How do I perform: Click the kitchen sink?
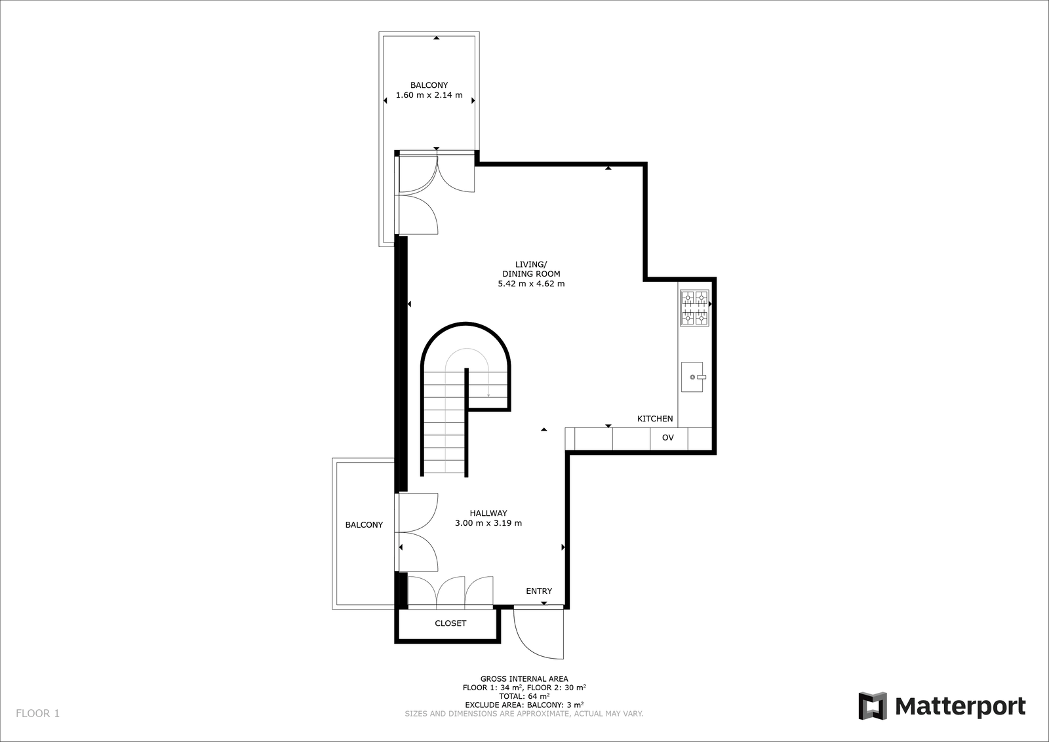click(x=692, y=376)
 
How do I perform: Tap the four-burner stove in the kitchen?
click(x=694, y=307)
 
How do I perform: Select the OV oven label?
click(x=668, y=438)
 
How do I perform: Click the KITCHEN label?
click(x=655, y=418)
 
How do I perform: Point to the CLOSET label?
click(x=450, y=623)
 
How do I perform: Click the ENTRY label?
click(x=539, y=591)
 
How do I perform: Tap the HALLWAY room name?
click(x=488, y=513)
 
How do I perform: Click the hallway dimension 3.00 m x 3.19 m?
click(x=488, y=523)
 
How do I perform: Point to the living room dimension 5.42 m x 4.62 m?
click(x=531, y=284)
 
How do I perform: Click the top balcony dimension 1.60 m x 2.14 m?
click(x=429, y=95)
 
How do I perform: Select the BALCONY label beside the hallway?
click(x=364, y=525)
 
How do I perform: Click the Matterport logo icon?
click(x=873, y=705)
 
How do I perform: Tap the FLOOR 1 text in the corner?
click(x=37, y=713)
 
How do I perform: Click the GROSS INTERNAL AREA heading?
click(x=524, y=679)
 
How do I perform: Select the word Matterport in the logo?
click(x=960, y=707)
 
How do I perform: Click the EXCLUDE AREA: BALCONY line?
click(x=524, y=705)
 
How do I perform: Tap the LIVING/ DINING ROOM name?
click(x=531, y=269)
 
